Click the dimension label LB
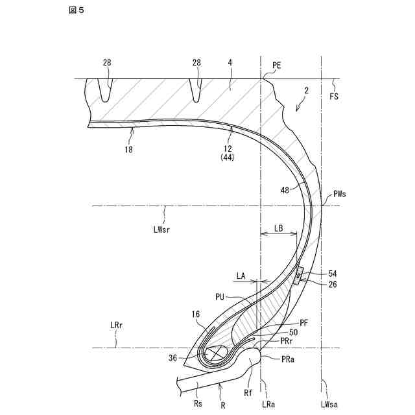pyautogui.click(x=278, y=228)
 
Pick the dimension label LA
pyautogui.click(x=241, y=276)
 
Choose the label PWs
pyautogui.click(x=340, y=193)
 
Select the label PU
pyautogui.click(x=221, y=296)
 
